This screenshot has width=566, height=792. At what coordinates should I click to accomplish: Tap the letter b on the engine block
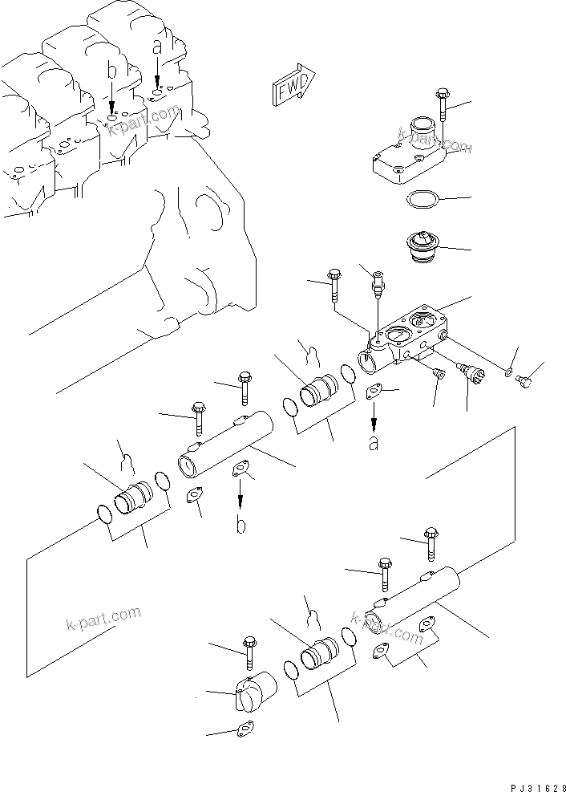click(112, 73)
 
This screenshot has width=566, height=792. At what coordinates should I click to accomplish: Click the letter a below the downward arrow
click(374, 442)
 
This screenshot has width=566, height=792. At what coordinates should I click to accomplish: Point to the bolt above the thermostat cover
click(441, 104)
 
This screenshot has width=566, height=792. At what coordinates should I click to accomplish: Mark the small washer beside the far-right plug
click(507, 372)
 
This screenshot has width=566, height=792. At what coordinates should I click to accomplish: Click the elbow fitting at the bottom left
click(255, 695)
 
